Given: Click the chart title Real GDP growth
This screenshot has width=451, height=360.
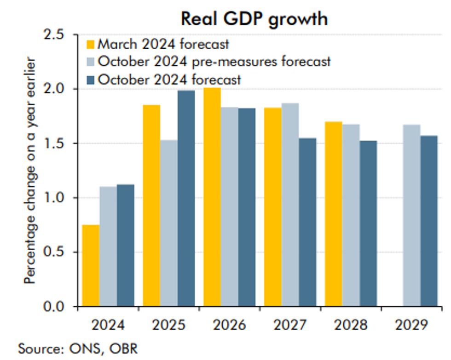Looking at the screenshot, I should (254, 19).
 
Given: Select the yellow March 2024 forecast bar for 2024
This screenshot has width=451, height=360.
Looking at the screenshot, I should (91, 265).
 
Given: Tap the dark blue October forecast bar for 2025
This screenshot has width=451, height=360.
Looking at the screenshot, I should (186, 198).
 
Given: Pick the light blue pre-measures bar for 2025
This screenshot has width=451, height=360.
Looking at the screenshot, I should (169, 223).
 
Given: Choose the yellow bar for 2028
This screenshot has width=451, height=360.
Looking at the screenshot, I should (334, 214).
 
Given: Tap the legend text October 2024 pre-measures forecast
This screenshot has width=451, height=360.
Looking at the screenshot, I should (214, 62).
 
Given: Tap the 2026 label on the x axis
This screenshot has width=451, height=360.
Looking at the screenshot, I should (229, 325).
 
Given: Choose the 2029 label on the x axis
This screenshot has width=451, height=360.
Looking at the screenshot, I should (411, 325).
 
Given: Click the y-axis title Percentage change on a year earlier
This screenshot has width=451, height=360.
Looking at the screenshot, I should (30, 170).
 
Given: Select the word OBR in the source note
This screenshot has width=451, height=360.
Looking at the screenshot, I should (127, 348).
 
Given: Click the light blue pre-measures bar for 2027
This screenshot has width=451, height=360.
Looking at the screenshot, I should (290, 205).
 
